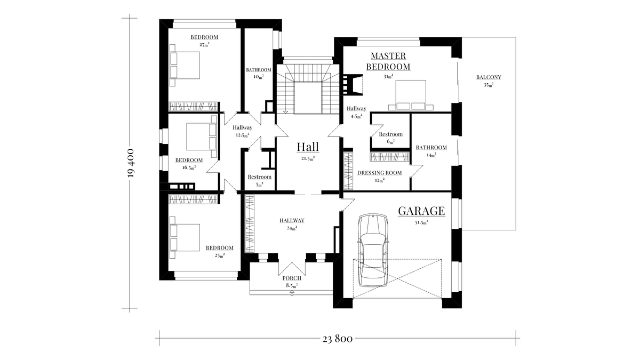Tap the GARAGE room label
421,211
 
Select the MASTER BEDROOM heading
388,61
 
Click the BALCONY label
489,77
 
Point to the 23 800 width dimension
338,338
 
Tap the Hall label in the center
307,147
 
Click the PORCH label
292,278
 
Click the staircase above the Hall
306,89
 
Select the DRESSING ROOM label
379,173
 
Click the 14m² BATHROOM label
431,148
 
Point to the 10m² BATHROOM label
259,70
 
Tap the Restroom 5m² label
259,178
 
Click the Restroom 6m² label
390,135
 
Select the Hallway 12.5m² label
242,128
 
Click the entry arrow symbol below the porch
292,294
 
